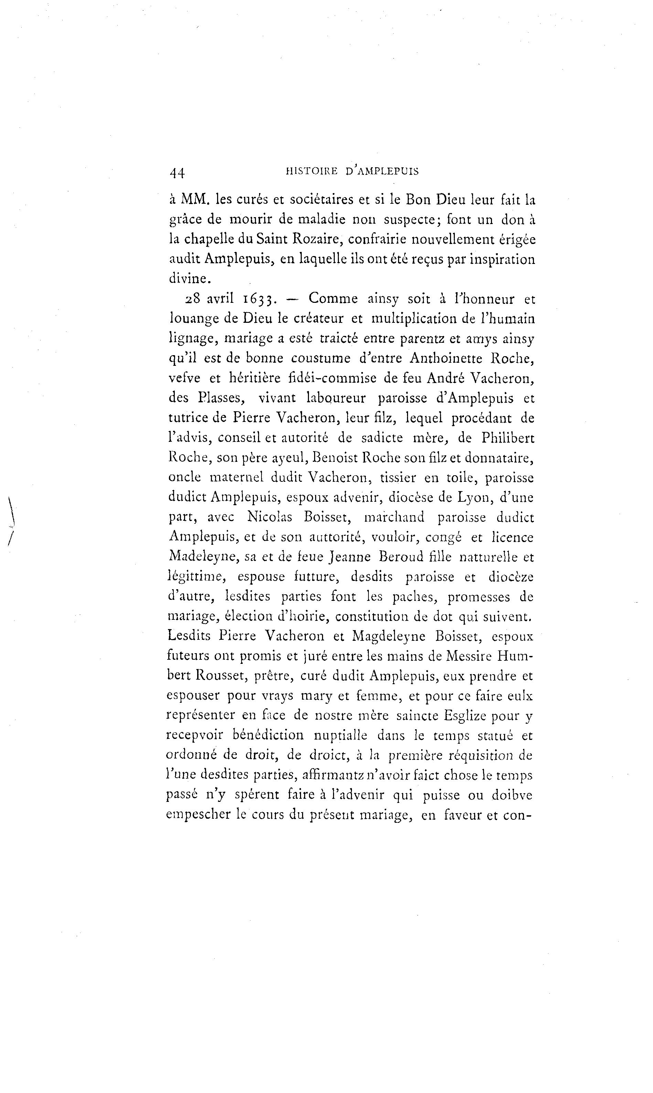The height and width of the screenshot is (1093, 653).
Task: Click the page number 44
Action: [x=177, y=172]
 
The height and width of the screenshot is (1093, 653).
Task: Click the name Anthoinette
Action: [x=446, y=358]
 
